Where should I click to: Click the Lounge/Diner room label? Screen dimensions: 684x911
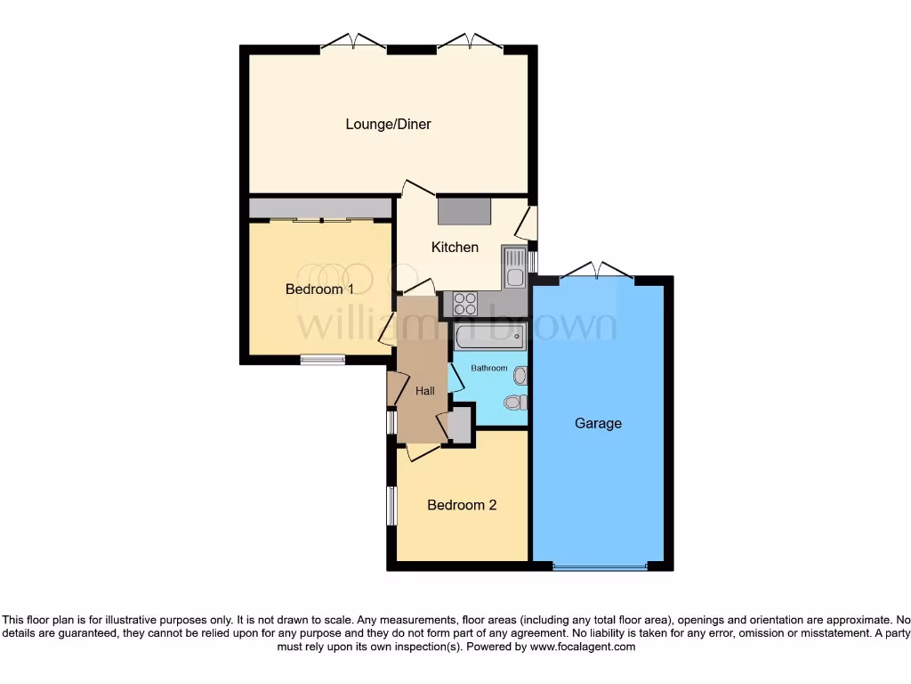point(388,125)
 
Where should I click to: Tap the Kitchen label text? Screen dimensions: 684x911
point(455,248)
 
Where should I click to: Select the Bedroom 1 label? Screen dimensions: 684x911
point(319,289)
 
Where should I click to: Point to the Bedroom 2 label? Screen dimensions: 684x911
point(462,505)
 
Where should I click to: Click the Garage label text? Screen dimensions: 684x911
point(597,424)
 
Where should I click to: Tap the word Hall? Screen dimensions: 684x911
point(425,391)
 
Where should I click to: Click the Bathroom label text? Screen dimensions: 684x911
point(489,369)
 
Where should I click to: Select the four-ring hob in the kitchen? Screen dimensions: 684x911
point(465,304)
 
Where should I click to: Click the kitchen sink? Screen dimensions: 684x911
point(514,267)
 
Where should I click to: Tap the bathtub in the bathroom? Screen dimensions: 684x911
point(490,338)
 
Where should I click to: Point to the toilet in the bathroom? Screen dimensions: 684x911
point(514,403)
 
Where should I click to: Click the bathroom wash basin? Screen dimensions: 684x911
point(520,376)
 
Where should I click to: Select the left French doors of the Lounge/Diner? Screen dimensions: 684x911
point(353,41)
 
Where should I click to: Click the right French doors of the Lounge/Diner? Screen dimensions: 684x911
point(470,41)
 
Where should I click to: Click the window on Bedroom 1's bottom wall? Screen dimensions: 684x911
point(322,360)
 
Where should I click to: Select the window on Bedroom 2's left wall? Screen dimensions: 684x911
point(391,506)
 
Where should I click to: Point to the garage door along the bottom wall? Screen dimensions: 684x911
point(599,566)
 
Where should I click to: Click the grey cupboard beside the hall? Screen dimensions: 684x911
point(460,425)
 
